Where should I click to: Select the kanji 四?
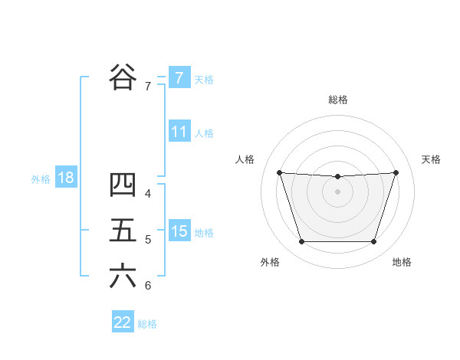(123, 184)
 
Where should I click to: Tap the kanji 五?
(123, 231)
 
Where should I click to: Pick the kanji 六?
(123, 277)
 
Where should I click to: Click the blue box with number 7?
(179, 78)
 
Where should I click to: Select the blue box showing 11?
(179, 132)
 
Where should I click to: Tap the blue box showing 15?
(179, 231)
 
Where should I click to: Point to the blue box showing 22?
(123, 322)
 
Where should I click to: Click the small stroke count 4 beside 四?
(148, 193)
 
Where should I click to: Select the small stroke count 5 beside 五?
(148, 240)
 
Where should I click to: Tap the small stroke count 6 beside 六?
(148, 286)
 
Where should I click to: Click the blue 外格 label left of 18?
(41, 179)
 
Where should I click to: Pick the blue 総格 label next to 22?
(147, 324)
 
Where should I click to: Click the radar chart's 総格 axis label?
(337, 100)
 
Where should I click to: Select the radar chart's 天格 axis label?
(431, 159)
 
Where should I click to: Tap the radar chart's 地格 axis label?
(402, 262)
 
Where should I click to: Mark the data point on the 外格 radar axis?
(301, 242)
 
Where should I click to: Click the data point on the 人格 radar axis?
(279, 172)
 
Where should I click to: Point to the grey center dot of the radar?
(337, 191)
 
